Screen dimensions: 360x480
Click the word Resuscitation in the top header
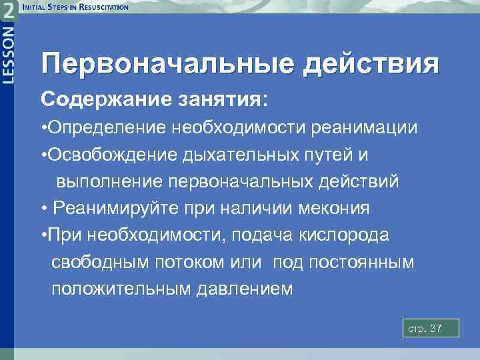(103, 7)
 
